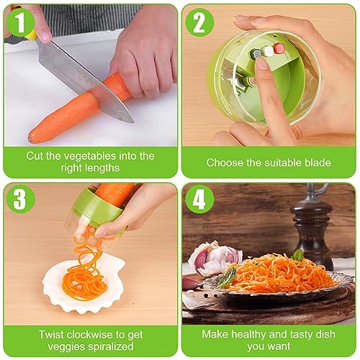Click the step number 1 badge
(21, 22)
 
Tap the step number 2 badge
(199, 22)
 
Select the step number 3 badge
(21, 199)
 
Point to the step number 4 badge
(199, 199)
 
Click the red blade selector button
(279, 48)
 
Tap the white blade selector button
(268, 50)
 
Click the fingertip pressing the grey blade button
(261, 64)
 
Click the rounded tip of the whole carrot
(30, 138)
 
